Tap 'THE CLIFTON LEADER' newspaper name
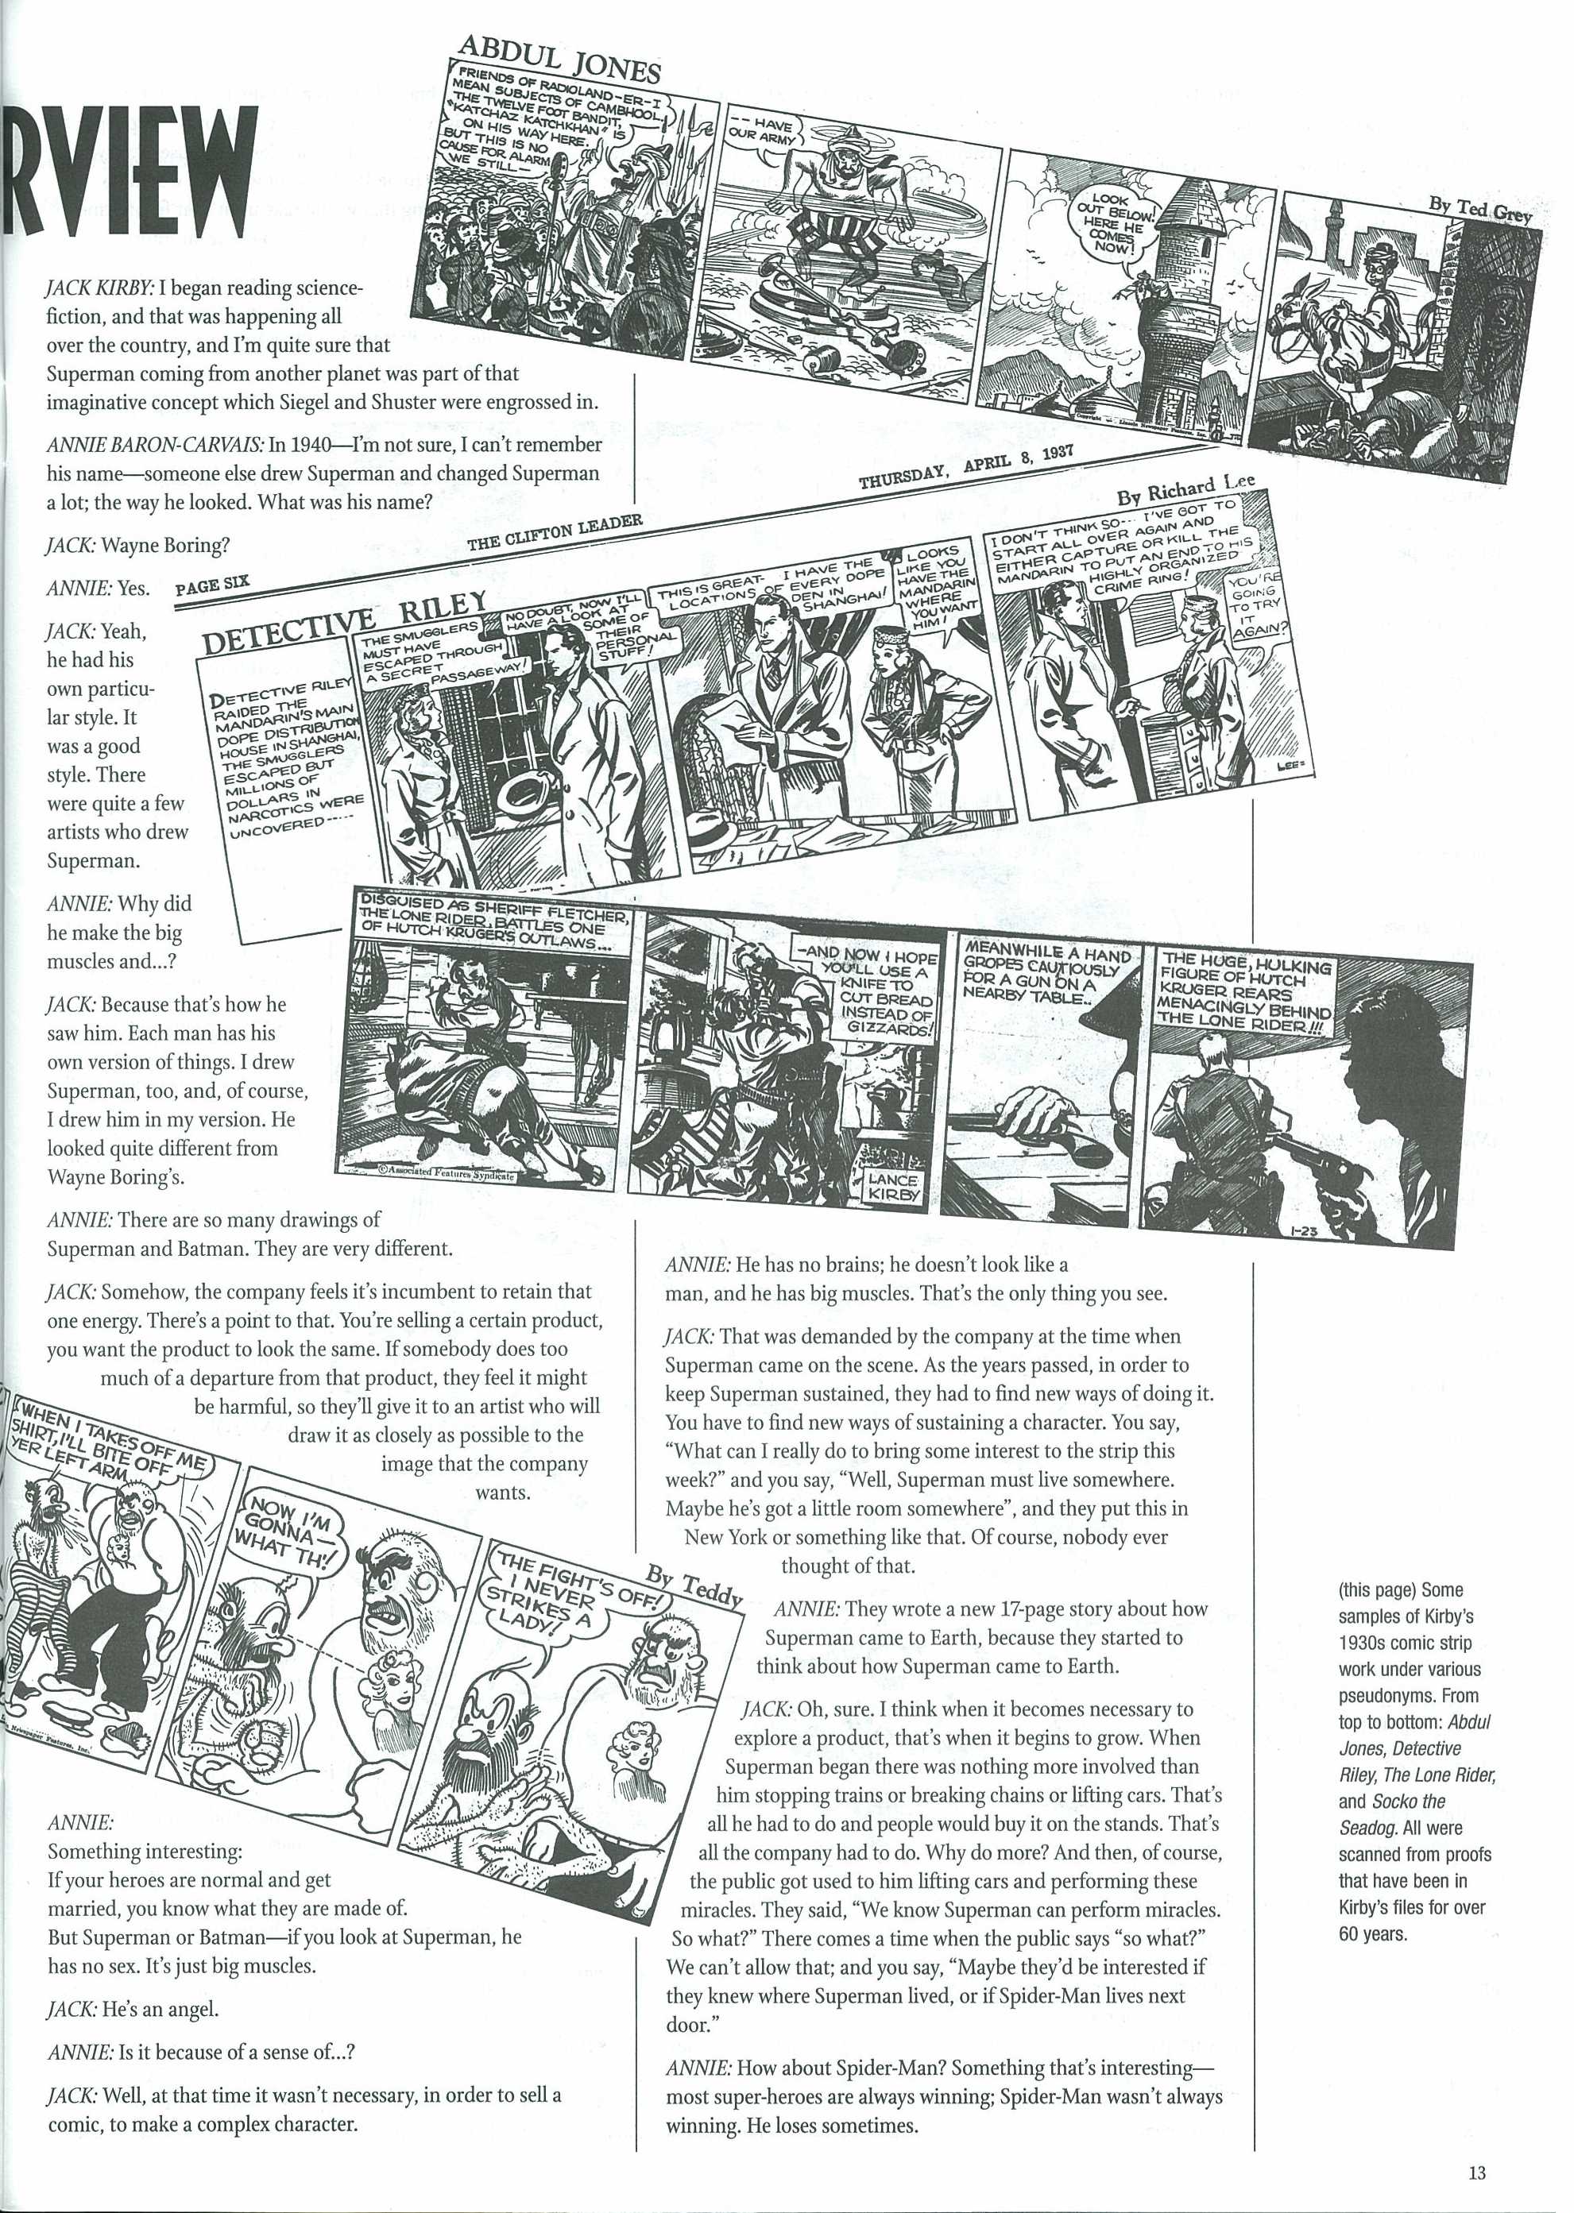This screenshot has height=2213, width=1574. (x=555, y=533)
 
